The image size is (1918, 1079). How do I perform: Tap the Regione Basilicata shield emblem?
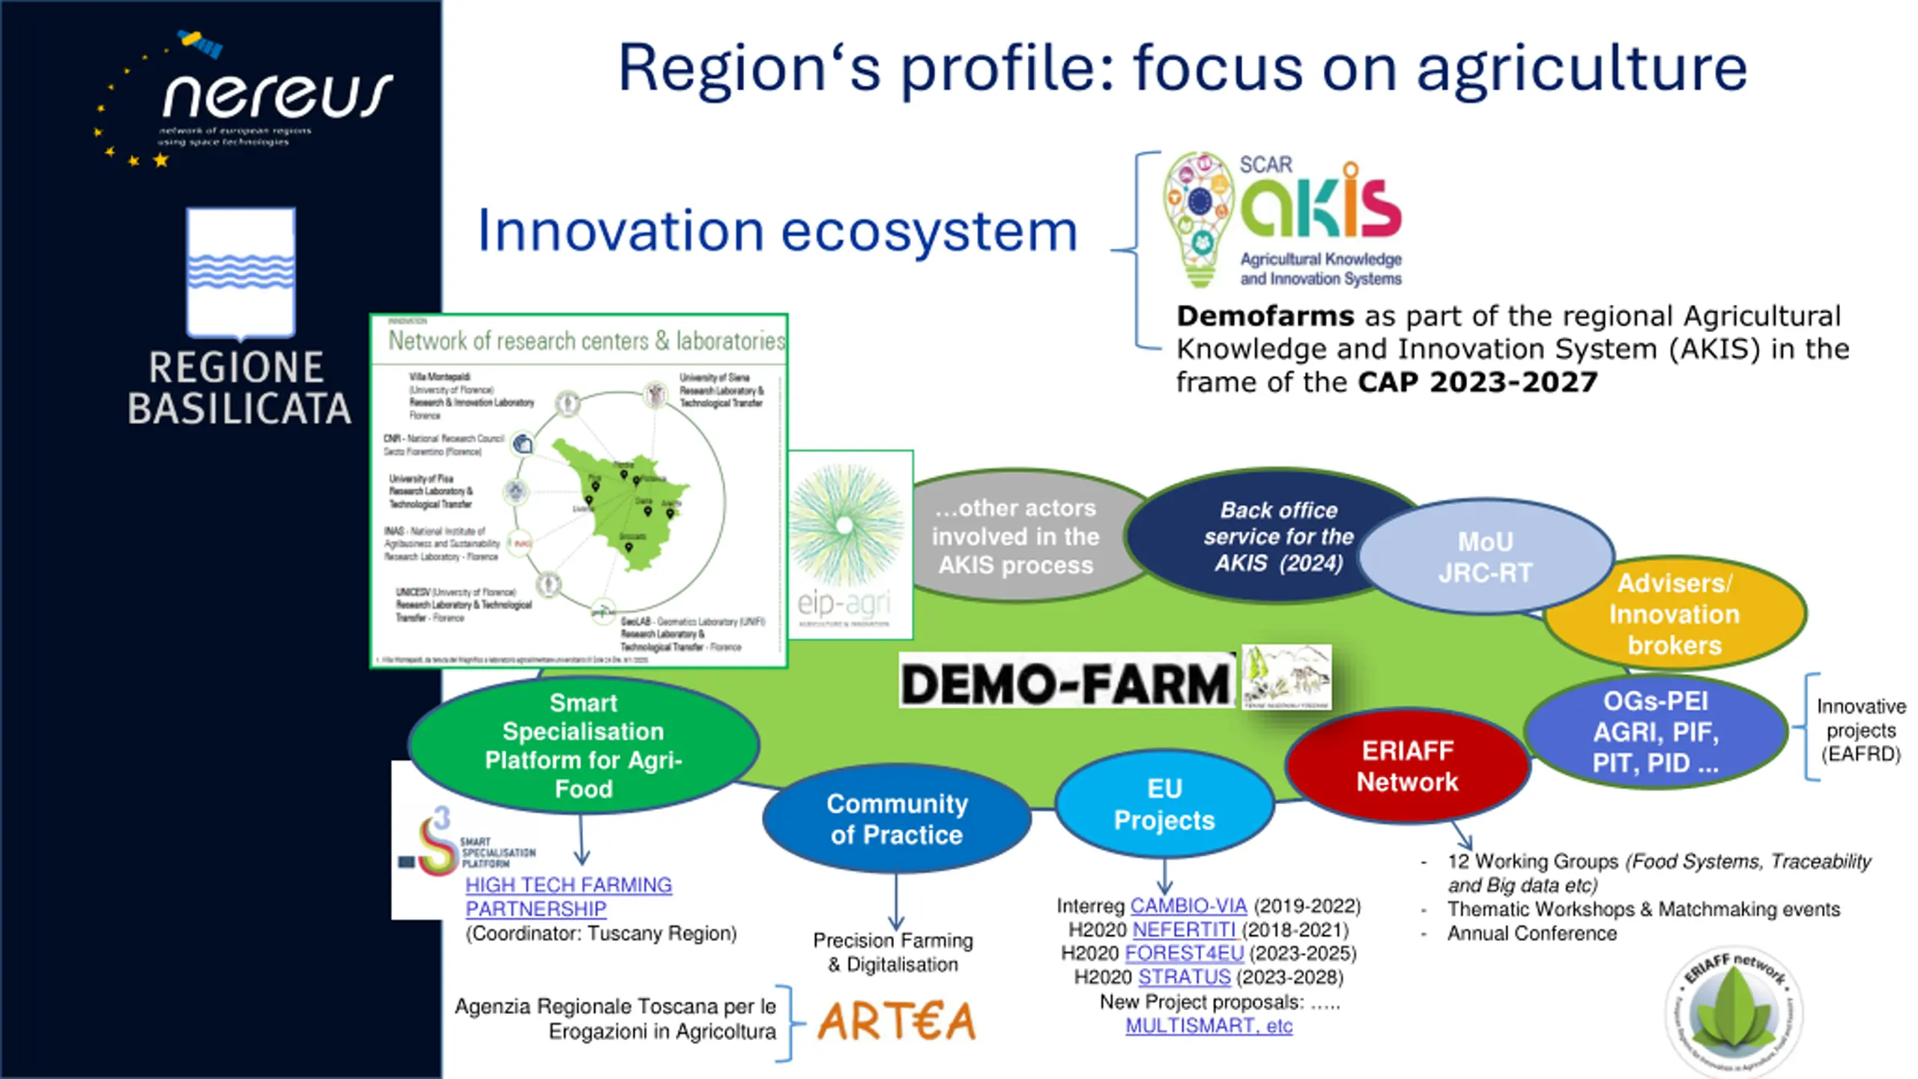coord(240,273)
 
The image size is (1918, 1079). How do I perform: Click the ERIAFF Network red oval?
coord(1407,766)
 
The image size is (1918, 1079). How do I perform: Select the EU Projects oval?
coord(1164,804)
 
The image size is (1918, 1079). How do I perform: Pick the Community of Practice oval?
coord(896,819)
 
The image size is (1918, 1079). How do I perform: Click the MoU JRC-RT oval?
coord(1485,557)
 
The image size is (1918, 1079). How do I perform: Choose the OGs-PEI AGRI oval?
coord(1655,732)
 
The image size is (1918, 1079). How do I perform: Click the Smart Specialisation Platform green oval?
coord(583,746)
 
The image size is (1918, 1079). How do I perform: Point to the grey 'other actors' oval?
coord(1015,537)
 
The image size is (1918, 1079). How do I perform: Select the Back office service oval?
coord(1278,537)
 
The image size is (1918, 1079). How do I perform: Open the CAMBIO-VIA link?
coord(1188,906)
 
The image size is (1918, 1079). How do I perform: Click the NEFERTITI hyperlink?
coord(1184,930)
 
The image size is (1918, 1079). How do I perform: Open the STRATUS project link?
coord(1184,977)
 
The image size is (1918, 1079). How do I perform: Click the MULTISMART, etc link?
coord(1208,1026)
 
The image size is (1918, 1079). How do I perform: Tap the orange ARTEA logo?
coord(896,1021)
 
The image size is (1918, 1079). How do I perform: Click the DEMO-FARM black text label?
coord(1065,683)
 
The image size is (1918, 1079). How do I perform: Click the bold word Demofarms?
coord(1265,316)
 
